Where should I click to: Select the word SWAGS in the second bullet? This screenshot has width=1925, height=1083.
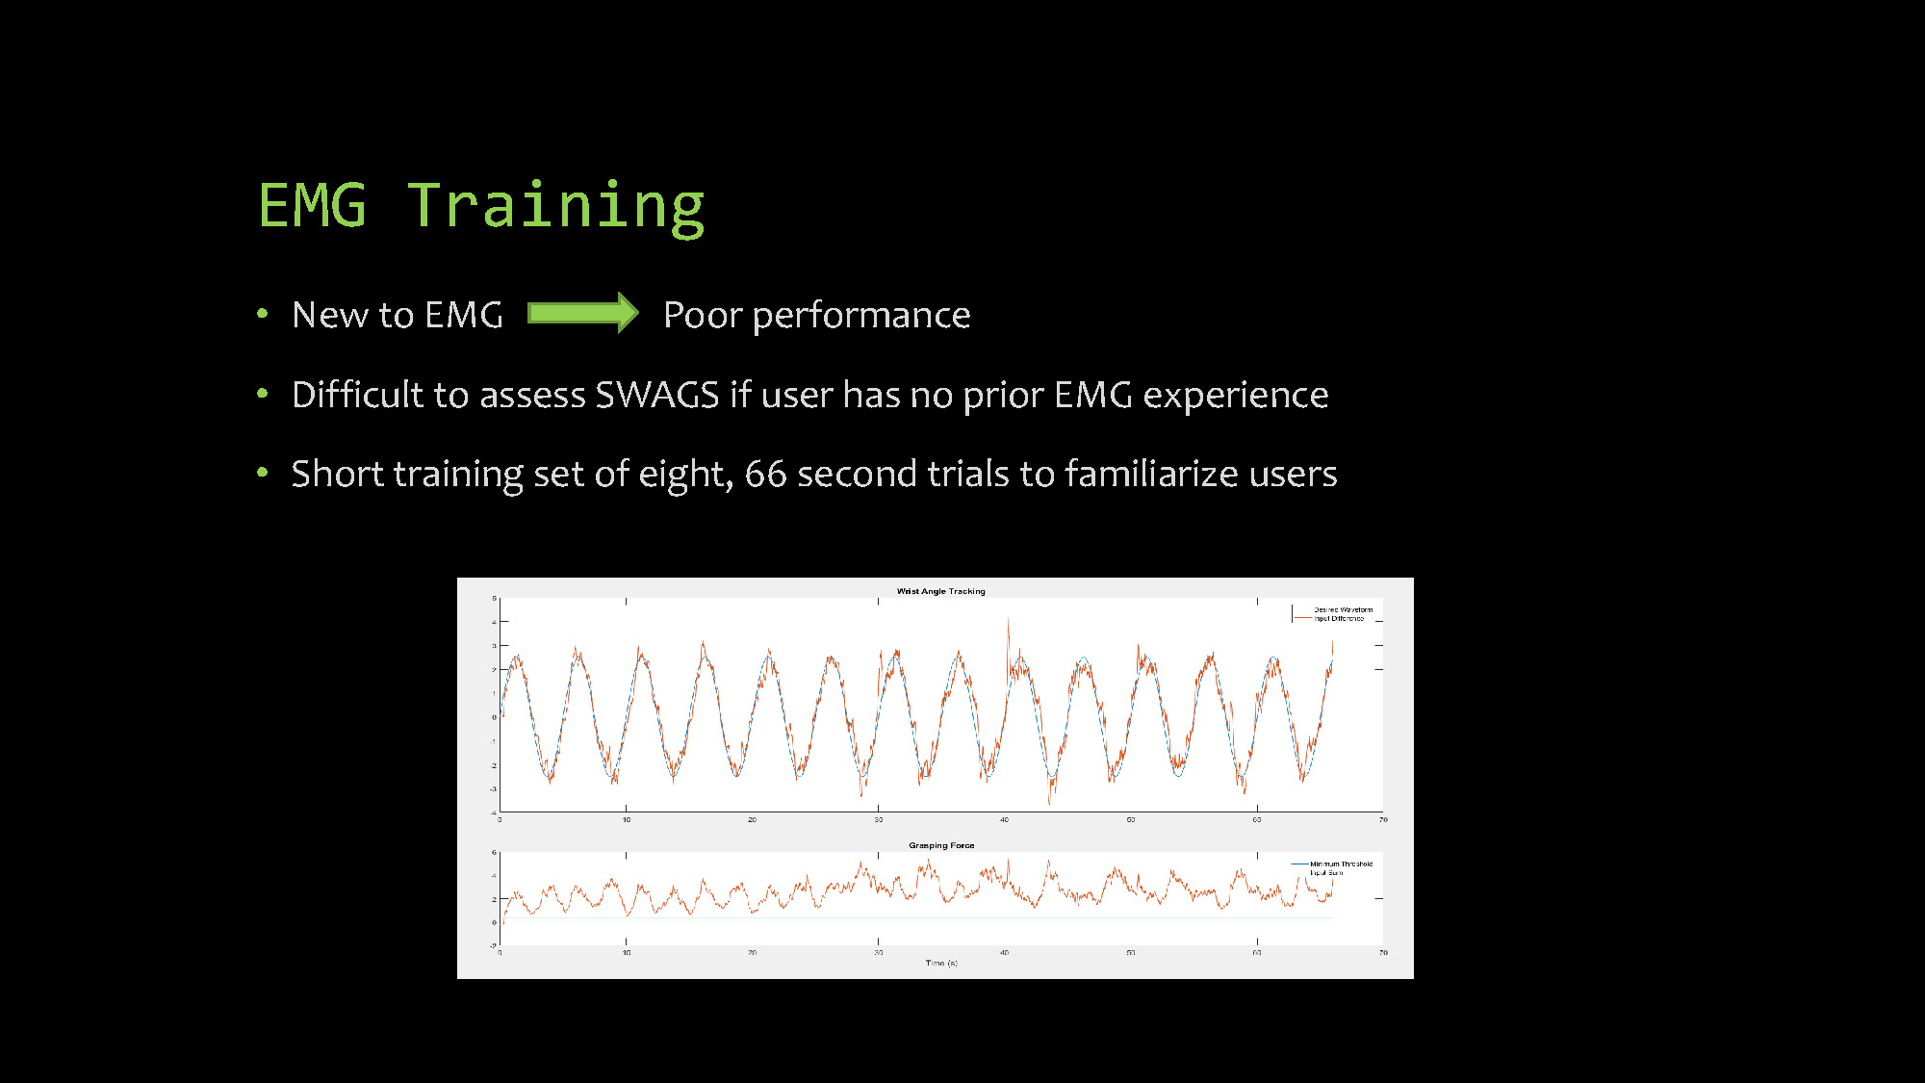click(656, 395)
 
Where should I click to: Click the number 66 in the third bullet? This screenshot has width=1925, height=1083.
click(765, 474)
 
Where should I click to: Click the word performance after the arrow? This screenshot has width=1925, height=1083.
click(861, 316)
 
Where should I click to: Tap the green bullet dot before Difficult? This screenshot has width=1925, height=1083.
click(262, 394)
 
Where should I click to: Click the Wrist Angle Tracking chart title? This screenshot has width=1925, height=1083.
click(940, 591)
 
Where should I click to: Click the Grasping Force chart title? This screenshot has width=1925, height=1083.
click(941, 845)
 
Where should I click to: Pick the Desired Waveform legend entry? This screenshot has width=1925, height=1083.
click(1343, 609)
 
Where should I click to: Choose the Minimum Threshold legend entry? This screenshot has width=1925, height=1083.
click(1341, 864)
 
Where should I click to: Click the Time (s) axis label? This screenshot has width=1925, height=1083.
click(941, 963)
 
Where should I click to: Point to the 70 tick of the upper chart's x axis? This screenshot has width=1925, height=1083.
click(1383, 819)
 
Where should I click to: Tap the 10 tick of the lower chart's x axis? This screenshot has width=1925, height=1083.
click(626, 952)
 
